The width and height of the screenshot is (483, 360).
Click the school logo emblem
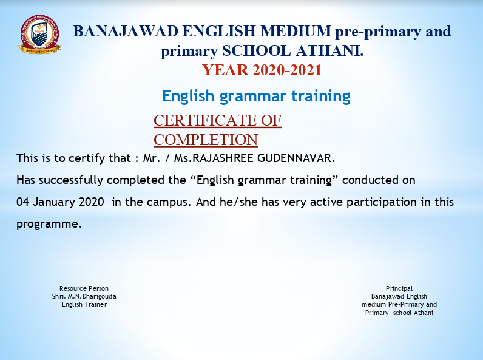[39, 35]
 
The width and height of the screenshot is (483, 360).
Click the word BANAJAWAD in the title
[126, 32]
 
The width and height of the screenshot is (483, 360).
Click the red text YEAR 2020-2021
[262, 70]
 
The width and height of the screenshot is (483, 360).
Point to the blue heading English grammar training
[256, 96]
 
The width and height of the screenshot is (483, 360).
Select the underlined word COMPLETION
[206, 140]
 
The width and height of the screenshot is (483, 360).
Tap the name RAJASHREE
[223, 158]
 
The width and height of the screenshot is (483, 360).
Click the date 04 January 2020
[60, 202]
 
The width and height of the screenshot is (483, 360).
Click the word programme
[49, 224]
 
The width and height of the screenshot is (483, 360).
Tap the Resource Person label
[84, 288]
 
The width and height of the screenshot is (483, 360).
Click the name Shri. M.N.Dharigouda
[84, 296]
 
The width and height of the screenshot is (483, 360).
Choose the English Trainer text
[84, 305]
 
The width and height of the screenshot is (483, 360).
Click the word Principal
[399, 289]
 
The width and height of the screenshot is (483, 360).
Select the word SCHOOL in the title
[257, 51]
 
